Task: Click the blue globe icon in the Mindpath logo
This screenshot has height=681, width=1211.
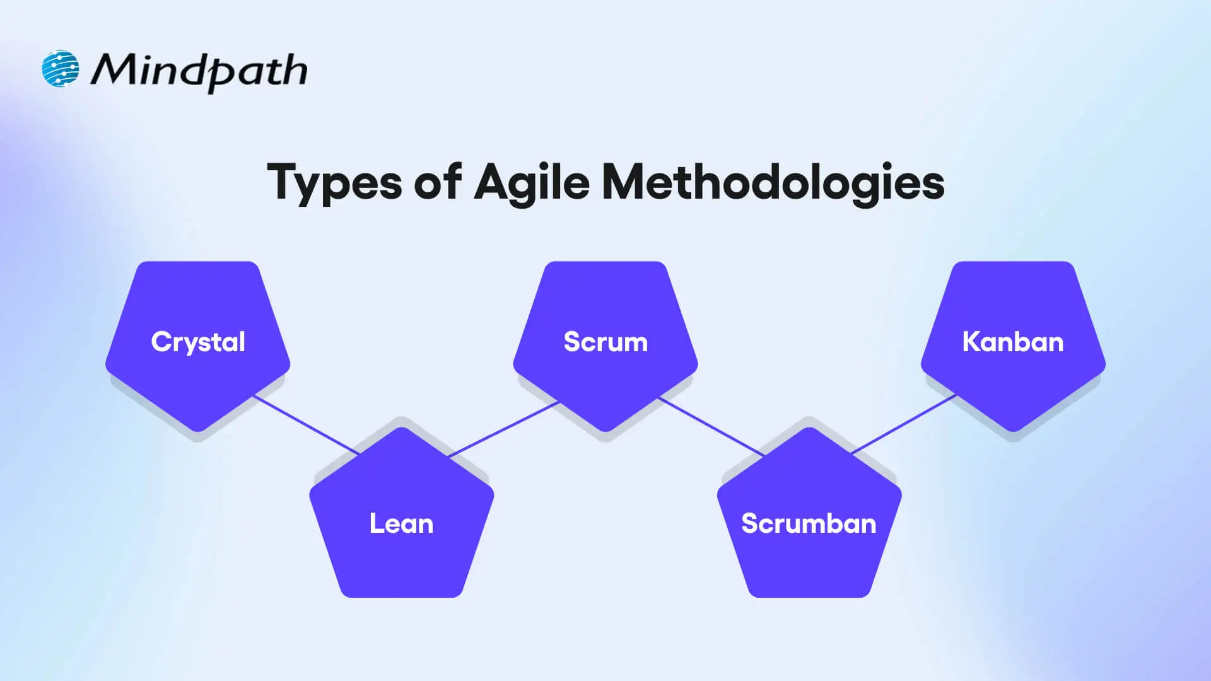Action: [61, 69]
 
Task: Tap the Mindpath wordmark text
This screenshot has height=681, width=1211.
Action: [199, 71]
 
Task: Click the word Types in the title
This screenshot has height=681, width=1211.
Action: [334, 183]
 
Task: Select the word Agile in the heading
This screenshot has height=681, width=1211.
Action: [532, 183]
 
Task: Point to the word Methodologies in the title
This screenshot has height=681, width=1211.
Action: [773, 183]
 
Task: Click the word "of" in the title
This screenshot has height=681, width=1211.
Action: [437, 182]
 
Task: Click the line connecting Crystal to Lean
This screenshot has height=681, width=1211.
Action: [307, 425]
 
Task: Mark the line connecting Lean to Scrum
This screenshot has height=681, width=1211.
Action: [503, 429]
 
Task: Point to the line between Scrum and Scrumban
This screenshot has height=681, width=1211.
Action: [711, 427]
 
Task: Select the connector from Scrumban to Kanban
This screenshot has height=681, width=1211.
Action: [903, 424]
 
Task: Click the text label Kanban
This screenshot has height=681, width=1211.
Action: [1013, 342]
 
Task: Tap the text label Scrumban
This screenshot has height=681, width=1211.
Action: [809, 523]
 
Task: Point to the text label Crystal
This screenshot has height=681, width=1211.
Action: [198, 342]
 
